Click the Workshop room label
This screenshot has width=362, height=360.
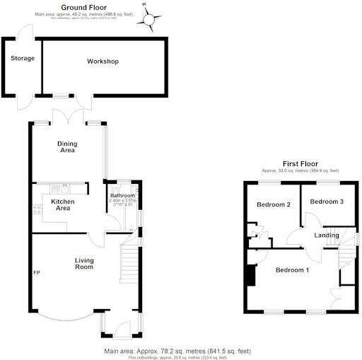pos(103,62)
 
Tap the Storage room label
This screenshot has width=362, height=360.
pos(22,58)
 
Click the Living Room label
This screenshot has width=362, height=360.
pos(84,264)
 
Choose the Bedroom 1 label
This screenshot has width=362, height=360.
pos(292,270)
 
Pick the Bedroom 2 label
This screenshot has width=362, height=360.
pos(274,205)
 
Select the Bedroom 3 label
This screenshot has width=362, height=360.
pos(327,202)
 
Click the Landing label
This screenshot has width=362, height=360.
pos(327,235)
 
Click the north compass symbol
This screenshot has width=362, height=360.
pos(150,18)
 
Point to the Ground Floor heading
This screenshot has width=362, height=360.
pos(104,6)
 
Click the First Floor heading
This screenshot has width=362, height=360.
pos(300,163)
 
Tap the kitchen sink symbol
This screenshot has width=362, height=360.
pos(63,188)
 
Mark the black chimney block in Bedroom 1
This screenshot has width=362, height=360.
pos(250,275)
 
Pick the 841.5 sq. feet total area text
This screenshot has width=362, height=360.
pos(226,351)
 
